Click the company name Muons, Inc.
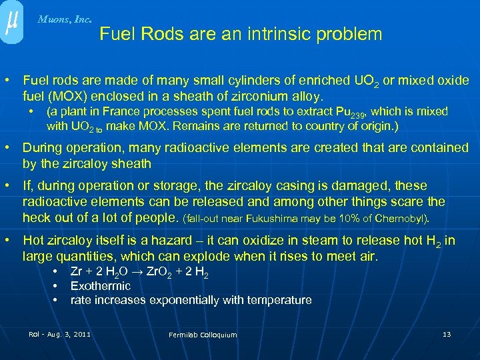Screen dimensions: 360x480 pos(65,19)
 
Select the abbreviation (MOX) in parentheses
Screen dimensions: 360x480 pos(67,96)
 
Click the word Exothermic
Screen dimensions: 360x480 pos(101,286)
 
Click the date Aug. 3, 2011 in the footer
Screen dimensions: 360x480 pos(69,333)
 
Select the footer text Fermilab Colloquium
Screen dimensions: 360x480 pos(203,334)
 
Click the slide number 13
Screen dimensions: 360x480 pos(447,333)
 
